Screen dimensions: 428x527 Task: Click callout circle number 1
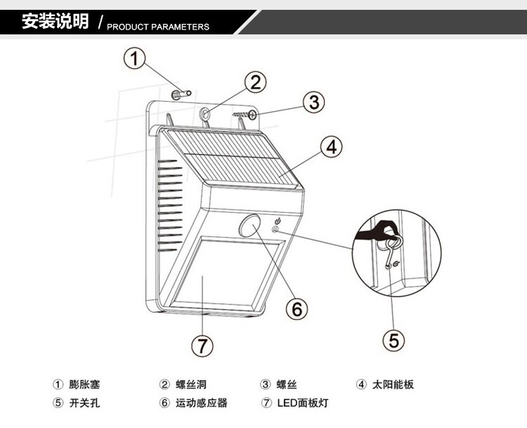pyautogui.click(x=136, y=59)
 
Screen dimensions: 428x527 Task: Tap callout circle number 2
pyautogui.click(x=256, y=82)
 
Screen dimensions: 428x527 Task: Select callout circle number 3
pyautogui.click(x=314, y=102)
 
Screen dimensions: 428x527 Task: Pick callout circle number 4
pyautogui.click(x=333, y=147)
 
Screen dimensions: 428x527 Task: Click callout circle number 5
pyautogui.click(x=393, y=340)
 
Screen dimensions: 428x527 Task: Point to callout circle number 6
pyautogui.click(x=296, y=308)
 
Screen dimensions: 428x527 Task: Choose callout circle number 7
pyautogui.click(x=202, y=345)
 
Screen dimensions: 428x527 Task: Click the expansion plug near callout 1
pyautogui.click(x=185, y=92)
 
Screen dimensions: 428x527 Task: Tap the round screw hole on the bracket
pyautogui.click(x=205, y=112)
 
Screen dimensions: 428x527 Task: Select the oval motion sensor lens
pyautogui.click(x=249, y=227)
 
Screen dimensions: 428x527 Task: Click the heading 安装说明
pyautogui.click(x=55, y=22)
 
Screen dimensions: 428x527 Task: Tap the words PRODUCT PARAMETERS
pyautogui.click(x=158, y=27)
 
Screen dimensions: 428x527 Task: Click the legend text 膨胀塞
pyautogui.click(x=84, y=384)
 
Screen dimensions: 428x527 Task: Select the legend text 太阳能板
pyautogui.click(x=394, y=384)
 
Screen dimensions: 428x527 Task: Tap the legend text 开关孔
pyautogui.click(x=84, y=403)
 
